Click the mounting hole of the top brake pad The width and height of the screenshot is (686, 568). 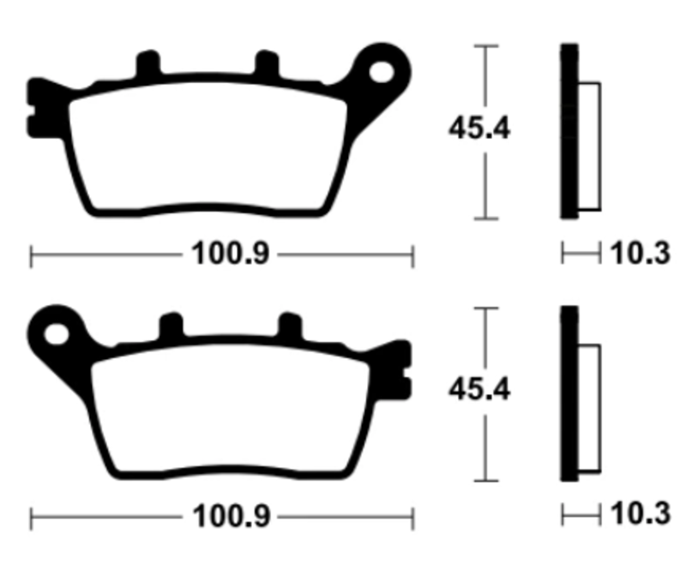click(382, 73)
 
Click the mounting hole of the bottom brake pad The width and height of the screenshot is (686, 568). click(57, 334)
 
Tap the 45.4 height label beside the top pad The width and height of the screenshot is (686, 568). click(479, 129)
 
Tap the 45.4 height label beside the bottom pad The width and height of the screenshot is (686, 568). click(479, 389)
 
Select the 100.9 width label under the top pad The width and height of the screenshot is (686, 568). click(230, 254)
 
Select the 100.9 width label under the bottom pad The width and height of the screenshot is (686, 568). click(232, 517)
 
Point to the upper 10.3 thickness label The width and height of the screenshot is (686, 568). click(640, 253)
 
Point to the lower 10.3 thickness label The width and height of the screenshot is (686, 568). click(640, 513)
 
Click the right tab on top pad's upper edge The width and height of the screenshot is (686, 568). click(267, 63)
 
